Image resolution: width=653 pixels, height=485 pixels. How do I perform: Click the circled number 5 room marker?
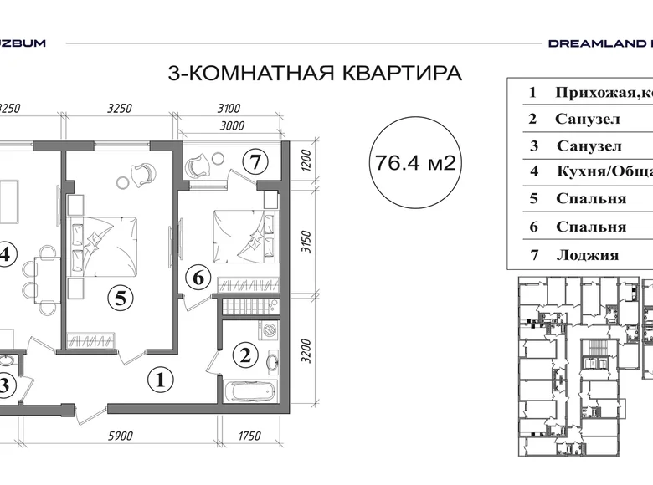(x=121, y=298)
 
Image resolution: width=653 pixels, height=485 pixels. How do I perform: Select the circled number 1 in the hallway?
(x=160, y=380)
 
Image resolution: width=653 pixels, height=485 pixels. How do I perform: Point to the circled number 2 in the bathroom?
(x=245, y=355)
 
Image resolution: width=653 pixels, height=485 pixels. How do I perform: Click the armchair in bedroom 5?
(x=140, y=174)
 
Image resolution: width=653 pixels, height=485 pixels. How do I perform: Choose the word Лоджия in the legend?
(x=587, y=255)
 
